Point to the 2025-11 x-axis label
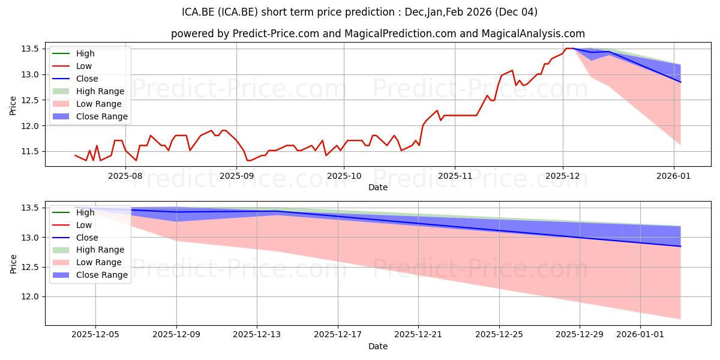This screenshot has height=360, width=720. (x=454, y=176)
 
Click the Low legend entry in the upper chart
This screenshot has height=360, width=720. (x=84, y=66)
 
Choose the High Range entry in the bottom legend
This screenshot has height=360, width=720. (x=100, y=250)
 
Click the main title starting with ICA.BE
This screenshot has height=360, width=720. (x=359, y=12)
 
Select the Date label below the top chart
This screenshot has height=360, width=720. (x=378, y=187)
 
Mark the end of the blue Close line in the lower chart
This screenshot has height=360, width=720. (x=680, y=247)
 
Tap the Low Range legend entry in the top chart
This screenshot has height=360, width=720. (x=99, y=104)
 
